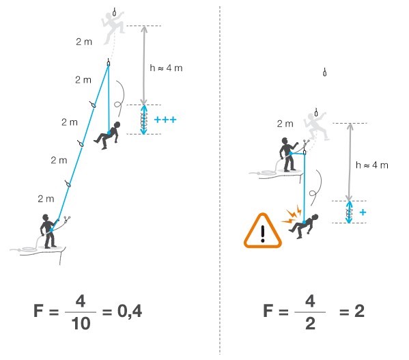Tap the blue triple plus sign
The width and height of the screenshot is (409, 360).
pyautogui.click(x=165, y=120)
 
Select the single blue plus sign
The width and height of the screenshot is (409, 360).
pyautogui.click(x=363, y=212)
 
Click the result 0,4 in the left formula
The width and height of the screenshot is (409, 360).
pyautogui.click(x=130, y=311)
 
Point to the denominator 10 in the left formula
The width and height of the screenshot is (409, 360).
pyautogui.click(x=81, y=324)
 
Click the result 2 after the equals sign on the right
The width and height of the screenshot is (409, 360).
pyautogui.click(x=359, y=311)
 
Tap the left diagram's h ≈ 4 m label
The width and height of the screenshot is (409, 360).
pyautogui.click(x=166, y=68)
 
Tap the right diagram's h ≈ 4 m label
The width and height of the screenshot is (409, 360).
pyautogui.click(x=372, y=165)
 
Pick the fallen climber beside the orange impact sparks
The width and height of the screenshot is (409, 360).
pyautogui.click(x=304, y=225)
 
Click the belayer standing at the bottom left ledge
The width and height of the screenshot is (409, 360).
pyautogui.click(x=48, y=231)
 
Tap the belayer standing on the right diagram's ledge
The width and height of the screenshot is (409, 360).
pyautogui.click(x=289, y=154)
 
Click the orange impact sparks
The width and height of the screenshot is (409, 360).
pyautogui.click(x=292, y=215)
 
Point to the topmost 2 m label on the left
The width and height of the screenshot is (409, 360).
pyautogui.click(x=84, y=42)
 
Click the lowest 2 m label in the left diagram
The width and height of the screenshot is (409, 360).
pyautogui.click(x=46, y=199)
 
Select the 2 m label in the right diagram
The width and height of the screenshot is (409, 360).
pyautogui.click(x=285, y=124)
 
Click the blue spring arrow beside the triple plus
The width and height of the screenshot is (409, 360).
pyautogui.click(x=143, y=120)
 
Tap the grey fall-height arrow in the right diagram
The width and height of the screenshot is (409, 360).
pyautogui.click(x=350, y=162)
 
